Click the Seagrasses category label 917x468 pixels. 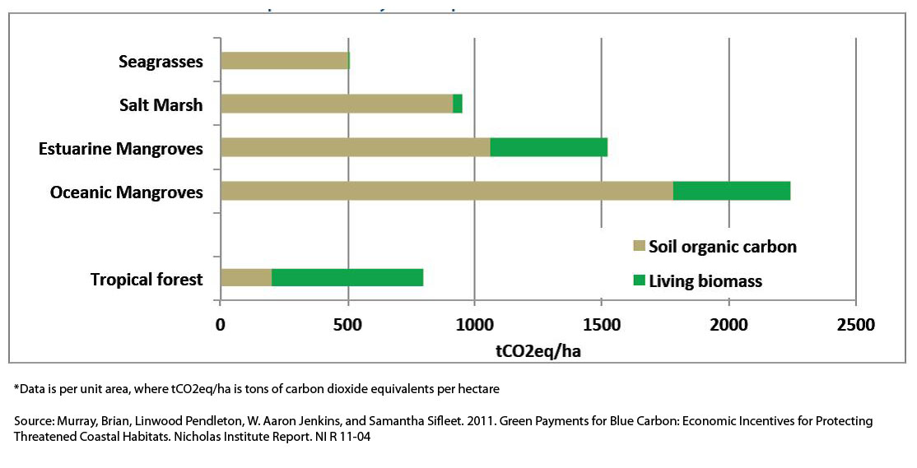(161, 62)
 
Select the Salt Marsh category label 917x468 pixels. (161, 104)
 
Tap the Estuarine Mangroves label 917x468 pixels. (120, 149)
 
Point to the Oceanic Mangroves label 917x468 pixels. (126, 192)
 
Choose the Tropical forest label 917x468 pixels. (147, 280)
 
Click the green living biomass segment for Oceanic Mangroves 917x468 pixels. (731, 191)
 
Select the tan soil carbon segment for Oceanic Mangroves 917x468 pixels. (446, 191)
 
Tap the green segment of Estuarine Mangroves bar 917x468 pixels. (548, 147)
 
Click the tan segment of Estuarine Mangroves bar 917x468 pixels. (355, 147)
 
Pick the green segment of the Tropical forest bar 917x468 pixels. (347, 277)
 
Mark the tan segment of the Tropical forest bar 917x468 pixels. (246, 277)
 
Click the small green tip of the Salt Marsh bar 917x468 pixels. (458, 104)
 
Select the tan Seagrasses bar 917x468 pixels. (284, 61)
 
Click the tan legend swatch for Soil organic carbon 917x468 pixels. (638, 247)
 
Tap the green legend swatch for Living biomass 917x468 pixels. (638, 281)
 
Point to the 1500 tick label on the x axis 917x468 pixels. (602, 325)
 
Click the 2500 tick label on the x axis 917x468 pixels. (856, 325)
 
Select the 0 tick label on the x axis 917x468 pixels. (221, 325)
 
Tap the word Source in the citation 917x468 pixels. (33, 421)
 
